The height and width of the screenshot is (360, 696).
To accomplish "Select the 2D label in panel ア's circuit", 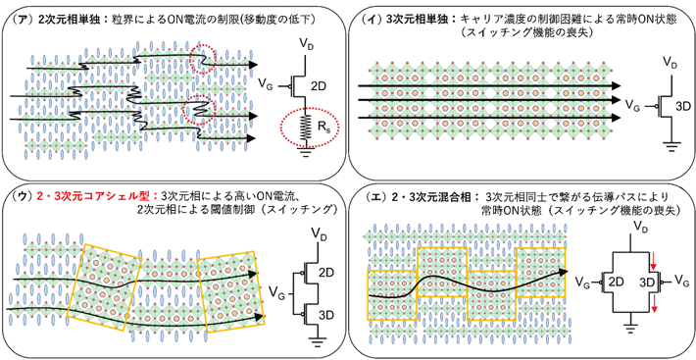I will coord(319,86).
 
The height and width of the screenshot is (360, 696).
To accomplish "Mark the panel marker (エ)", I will coord(373,199).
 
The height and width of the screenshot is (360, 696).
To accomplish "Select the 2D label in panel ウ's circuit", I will coord(327,268).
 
